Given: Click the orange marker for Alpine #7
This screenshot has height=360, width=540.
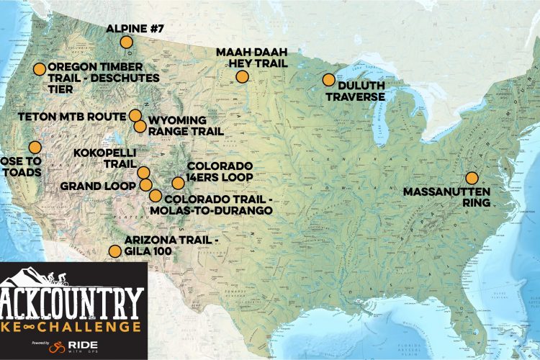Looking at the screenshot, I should click(126, 42).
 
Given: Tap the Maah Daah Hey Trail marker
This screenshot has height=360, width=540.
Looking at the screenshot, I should click(243, 76).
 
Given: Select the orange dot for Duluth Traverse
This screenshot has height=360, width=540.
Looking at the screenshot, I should click(328, 80).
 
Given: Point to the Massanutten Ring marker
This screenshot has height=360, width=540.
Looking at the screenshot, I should click(472, 178).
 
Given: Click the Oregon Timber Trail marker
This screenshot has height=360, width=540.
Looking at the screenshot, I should click(40, 69).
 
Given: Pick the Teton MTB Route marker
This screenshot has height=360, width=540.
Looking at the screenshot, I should click(135, 115).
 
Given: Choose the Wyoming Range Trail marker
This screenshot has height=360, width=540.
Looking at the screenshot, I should click(140, 126).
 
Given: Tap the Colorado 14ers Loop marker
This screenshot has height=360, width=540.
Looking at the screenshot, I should click(178, 183).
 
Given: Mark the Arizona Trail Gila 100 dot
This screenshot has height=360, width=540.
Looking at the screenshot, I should click(114, 251).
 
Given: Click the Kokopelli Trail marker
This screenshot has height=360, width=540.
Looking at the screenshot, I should click(144, 173).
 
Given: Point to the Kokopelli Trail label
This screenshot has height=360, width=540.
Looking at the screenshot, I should click(104, 161).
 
